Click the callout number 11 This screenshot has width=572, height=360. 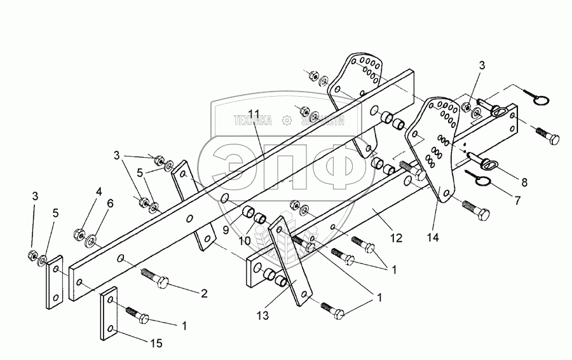click(x=255, y=114)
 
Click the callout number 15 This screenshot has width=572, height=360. click(x=156, y=343)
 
